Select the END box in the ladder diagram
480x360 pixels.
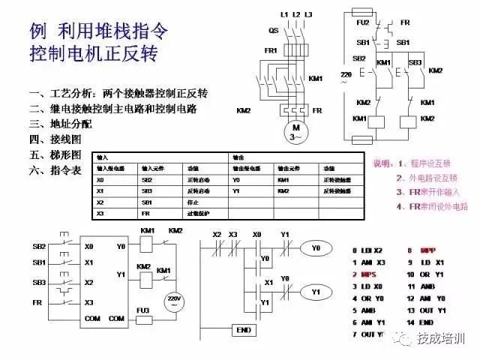(243, 329)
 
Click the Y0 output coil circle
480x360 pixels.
(315, 247)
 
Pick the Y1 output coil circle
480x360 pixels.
(315, 291)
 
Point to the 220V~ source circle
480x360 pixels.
(174, 298)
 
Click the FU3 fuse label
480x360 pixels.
(143, 309)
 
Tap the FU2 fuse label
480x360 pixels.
(361, 23)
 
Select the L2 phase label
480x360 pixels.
(296, 14)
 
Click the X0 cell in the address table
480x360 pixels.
(100, 180)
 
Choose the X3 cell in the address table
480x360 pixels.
(100, 214)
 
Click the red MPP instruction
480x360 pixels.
(427, 250)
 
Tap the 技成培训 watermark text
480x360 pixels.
(441, 340)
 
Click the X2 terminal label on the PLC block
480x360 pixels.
(89, 283)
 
